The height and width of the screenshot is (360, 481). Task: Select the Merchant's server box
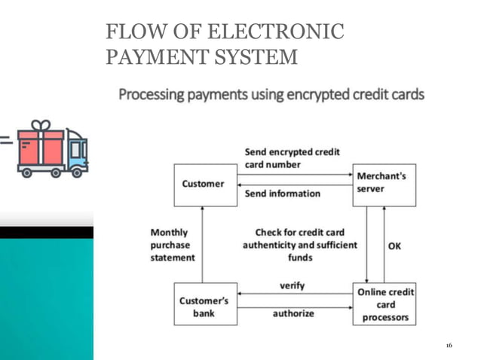pyautogui.click(x=384, y=185)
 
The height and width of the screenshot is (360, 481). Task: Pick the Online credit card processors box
pyautogui.click(x=384, y=304)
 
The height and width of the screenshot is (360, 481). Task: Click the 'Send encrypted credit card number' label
pyautogui.click(x=292, y=158)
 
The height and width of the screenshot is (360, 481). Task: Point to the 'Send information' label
pyautogui.click(x=283, y=194)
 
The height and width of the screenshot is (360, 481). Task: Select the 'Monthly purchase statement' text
pyautogui.click(x=172, y=245)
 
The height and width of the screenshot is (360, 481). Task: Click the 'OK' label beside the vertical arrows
pyautogui.click(x=394, y=246)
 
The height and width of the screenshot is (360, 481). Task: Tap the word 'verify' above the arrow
pyautogui.click(x=293, y=286)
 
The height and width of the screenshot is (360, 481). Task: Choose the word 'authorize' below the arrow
pyautogui.click(x=293, y=313)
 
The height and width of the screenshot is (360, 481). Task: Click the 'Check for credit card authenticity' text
pyautogui.click(x=299, y=239)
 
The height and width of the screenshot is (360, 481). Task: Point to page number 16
pyautogui.click(x=449, y=345)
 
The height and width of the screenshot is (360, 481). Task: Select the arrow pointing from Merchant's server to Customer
pyautogui.click(x=293, y=184)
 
